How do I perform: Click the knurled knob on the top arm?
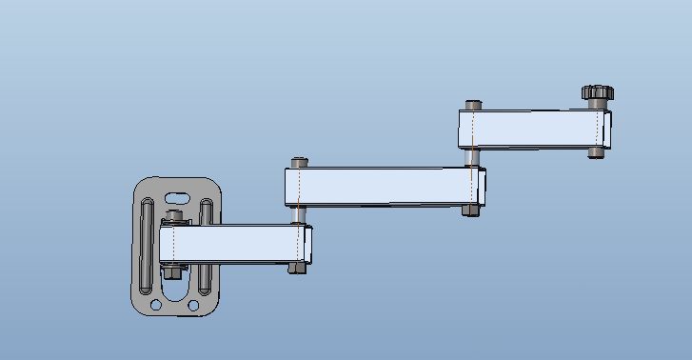pyautogui.click(x=597, y=93)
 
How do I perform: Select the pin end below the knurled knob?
pyautogui.click(x=596, y=151)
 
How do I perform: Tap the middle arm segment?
pyautogui.click(x=381, y=186)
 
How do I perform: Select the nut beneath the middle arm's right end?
pyautogui.click(x=470, y=210)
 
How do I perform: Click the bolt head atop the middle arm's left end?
pyautogui.click(x=301, y=160)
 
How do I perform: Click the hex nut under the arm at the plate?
pyautogui.click(x=172, y=271)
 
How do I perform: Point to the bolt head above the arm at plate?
pyautogui.click(x=173, y=218)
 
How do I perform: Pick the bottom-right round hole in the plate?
pyautogui.click(x=194, y=305)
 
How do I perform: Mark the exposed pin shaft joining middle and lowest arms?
pyautogui.click(x=300, y=215)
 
